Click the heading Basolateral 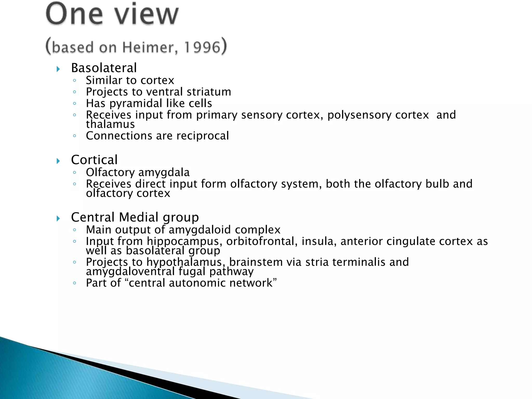104,68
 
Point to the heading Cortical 94,160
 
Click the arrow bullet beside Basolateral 58,69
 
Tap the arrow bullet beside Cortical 58,161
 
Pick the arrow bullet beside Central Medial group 58,218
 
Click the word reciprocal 203,136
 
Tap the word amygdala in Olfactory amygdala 164,172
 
